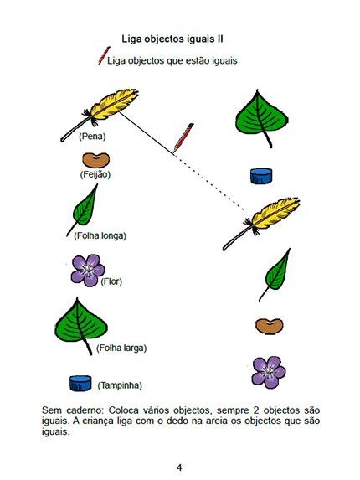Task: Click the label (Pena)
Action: pos(92,137)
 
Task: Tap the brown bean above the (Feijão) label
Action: pos(95,160)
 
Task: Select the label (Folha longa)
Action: pos(100,235)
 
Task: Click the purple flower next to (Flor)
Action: pos(88,270)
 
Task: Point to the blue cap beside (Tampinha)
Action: pos(80,383)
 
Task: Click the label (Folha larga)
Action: pos(121,348)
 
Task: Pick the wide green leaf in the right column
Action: pos(262,118)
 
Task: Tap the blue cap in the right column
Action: pos(261,176)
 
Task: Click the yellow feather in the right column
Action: pos(261,224)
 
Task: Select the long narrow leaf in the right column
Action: pos(275,274)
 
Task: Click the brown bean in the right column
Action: pos(270,326)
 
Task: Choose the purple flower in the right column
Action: pos(269,372)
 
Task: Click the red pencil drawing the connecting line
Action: pos(183,137)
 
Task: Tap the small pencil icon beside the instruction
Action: pos(104,56)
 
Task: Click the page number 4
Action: pos(179,467)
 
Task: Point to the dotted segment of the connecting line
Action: pos(209,183)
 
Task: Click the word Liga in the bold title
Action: pos(131,39)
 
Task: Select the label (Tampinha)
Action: pos(120,385)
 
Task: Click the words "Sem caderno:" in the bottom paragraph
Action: pos(73,410)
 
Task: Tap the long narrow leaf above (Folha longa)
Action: pos(83,209)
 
